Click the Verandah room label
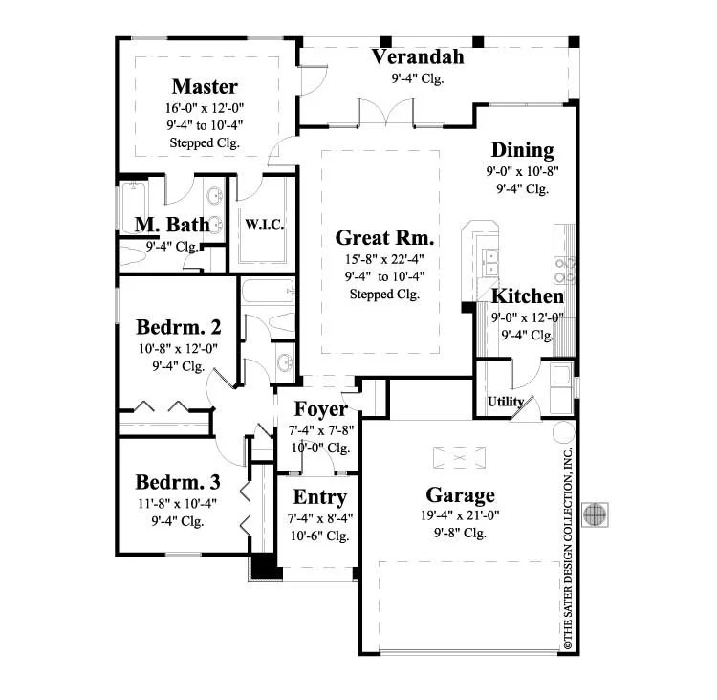point(418,56)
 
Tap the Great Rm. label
point(384,237)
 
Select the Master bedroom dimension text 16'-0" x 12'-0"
point(205,108)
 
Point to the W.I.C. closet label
point(264,224)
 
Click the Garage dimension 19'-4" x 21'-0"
point(460,515)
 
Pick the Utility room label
point(506,402)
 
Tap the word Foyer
point(320,409)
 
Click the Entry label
point(319,497)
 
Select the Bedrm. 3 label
point(178,482)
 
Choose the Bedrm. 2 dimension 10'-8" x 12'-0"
point(179,349)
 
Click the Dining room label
point(522,150)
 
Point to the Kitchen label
point(527,296)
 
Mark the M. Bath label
point(172,225)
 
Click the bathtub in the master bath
point(133,208)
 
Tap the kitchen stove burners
point(565,270)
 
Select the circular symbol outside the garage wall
point(595,514)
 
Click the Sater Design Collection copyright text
point(567,548)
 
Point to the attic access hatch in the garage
point(459,457)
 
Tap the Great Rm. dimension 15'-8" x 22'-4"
point(384,259)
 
